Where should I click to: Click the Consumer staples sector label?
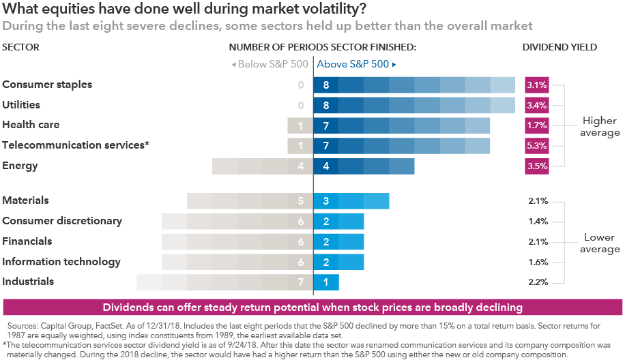pyautogui.click(x=47, y=85)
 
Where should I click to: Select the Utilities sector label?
pyautogui.click(x=21, y=105)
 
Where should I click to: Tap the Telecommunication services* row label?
pyautogui.click(x=76, y=145)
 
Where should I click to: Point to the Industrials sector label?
pyautogui.click(x=28, y=281)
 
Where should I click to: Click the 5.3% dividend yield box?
pyautogui.click(x=536, y=146)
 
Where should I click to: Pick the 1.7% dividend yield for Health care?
pyautogui.click(x=536, y=125)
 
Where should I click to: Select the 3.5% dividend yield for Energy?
pyautogui.click(x=536, y=166)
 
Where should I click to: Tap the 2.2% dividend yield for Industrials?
pyautogui.click(x=538, y=282)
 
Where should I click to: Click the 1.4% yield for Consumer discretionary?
pyautogui.click(x=538, y=222)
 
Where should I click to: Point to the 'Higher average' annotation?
pyautogui.click(x=600, y=126)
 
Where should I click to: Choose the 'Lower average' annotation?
pyautogui.click(x=600, y=243)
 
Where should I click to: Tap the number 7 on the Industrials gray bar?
pyautogui.click(x=300, y=282)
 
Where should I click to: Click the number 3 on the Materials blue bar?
pyautogui.click(x=326, y=201)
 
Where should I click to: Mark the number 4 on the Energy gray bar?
pyautogui.click(x=300, y=166)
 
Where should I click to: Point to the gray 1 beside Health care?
pyautogui.click(x=300, y=125)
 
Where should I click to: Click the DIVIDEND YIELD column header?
pyautogui.click(x=559, y=48)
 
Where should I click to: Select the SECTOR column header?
pyautogui.click(x=21, y=48)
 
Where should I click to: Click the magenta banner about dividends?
pyautogui.click(x=312, y=307)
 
